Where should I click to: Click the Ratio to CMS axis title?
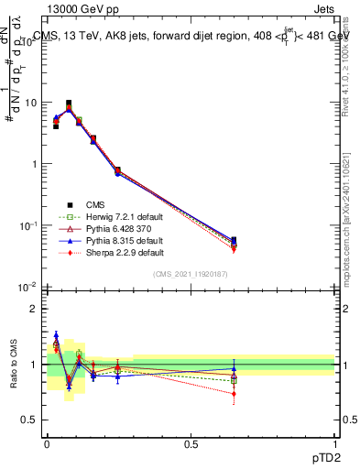pyautogui.click(x=11, y=364)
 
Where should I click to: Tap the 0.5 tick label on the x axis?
pyautogui.click(x=191, y=442)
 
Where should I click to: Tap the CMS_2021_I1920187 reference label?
pyautogui.click(x=191, y=274)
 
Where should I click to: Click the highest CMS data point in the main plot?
pyautogui.click(x=69, y=104)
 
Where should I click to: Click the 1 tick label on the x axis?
pyautogui.click(x=334, y=442)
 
